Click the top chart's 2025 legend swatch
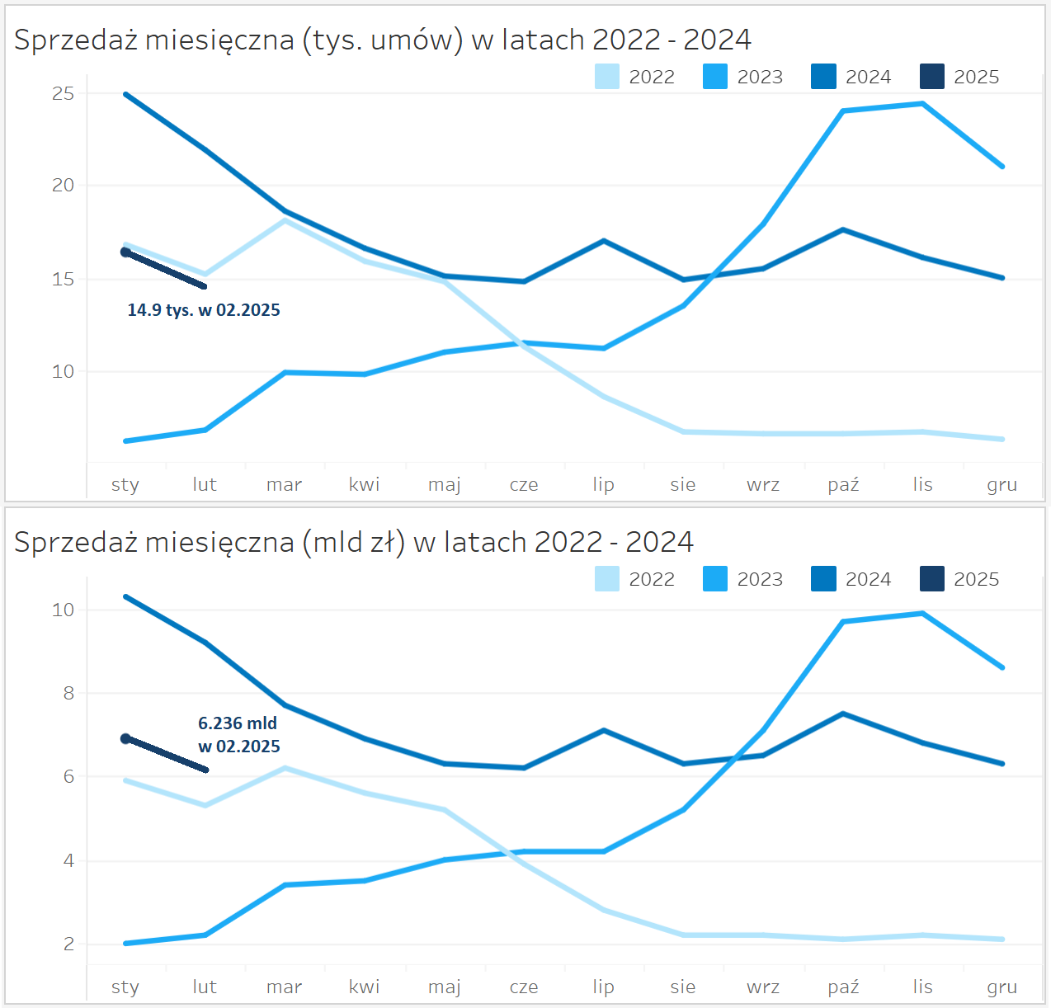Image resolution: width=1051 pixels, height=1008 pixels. pyautogui.click(x=932, y=77)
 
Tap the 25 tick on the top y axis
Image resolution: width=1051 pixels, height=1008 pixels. pyautogui.click(x=63, y=94)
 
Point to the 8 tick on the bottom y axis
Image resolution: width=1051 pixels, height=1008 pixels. pyautogui.click(x=68, y=694)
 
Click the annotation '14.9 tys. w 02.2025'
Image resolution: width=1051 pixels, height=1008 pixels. pyautogui.click(x=204, y=310)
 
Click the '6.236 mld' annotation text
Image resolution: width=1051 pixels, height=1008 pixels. pyautogui.click(x=238, y=723)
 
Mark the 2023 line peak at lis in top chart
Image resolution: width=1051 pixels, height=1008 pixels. pyautogui.click(x=922, y=104)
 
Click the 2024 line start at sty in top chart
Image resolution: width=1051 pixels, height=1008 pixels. pyautogui.click(x=125, y=94)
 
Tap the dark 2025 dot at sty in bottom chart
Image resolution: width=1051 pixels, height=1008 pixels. pyautogui.click(x=125, y=739)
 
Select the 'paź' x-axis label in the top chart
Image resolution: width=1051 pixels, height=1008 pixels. pyautogui.click(x=843, y=485)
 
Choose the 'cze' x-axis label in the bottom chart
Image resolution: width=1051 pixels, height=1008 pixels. pyautogui.click(x=524, y=987)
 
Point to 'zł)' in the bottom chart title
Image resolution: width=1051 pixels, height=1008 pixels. pyautogui.click(x=388, y=542)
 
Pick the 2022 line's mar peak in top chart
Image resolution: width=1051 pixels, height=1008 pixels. pyautogui.click(x=285, y=220)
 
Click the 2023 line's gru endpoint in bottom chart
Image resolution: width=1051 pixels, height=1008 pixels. pyautogui.click(x=1002, y=667)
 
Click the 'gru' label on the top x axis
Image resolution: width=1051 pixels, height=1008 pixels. pyautogui.click(x=1002, y=485)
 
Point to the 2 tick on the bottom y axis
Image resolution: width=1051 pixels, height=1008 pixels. pyautogui.click(x=68, y=944)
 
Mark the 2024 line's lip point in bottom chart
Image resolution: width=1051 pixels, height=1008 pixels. pyautogui.click(x=604, y=730)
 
